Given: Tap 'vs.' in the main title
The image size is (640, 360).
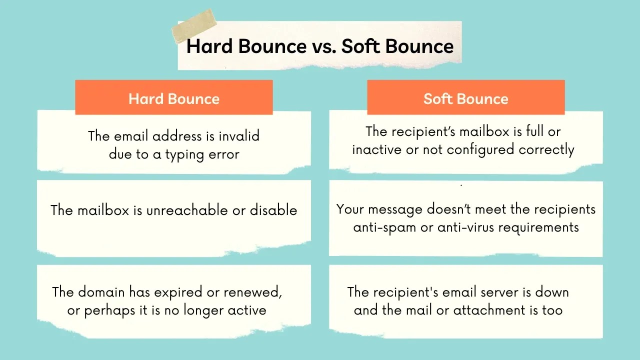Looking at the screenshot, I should click(x=323, y=46).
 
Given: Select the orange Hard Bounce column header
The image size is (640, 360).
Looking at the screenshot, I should click(x=174, y=98).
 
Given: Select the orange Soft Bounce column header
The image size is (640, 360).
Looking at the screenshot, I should click(x=465, y=98).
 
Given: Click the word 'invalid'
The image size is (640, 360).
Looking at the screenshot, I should click(x=239, y=136).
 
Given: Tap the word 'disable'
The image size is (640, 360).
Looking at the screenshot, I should click(x=273, y=210).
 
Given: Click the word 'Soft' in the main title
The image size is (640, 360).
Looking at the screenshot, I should click(x=361, y=46).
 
